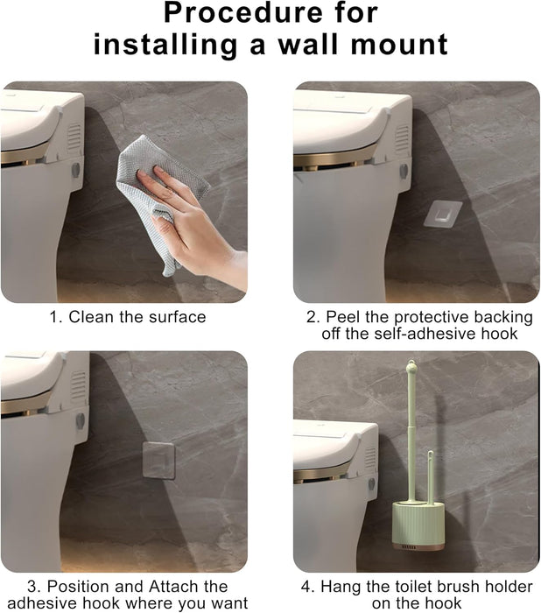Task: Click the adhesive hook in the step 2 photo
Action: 442,213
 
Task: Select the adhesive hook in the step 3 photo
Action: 159,460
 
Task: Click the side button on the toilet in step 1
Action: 75,169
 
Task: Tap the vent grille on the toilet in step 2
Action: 402,138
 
